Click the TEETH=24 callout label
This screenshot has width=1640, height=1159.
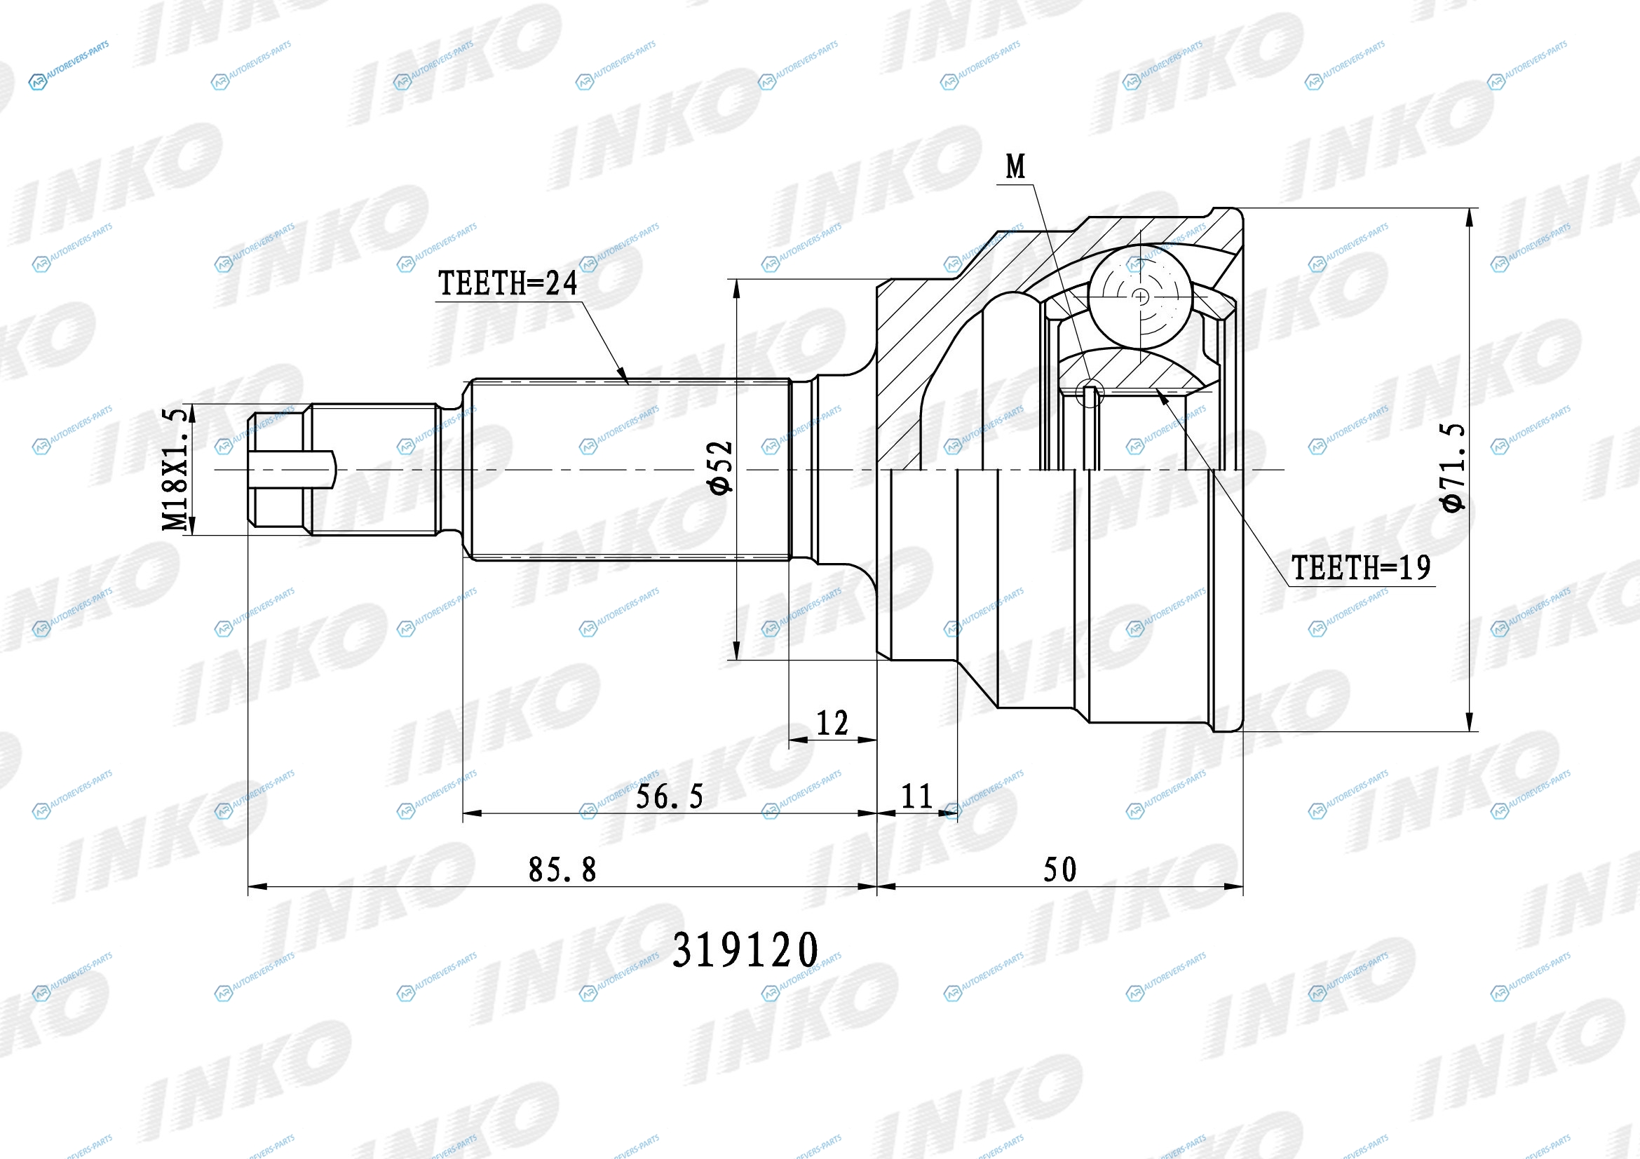(507, 283)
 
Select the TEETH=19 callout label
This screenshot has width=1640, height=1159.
(1361, 568)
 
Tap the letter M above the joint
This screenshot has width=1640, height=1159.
(1015, 166)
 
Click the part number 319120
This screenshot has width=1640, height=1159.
(745, 950)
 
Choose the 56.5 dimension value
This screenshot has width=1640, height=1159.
(670, 797)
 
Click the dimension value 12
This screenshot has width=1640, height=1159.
(832, 723)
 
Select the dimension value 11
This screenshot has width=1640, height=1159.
(916, 797)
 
